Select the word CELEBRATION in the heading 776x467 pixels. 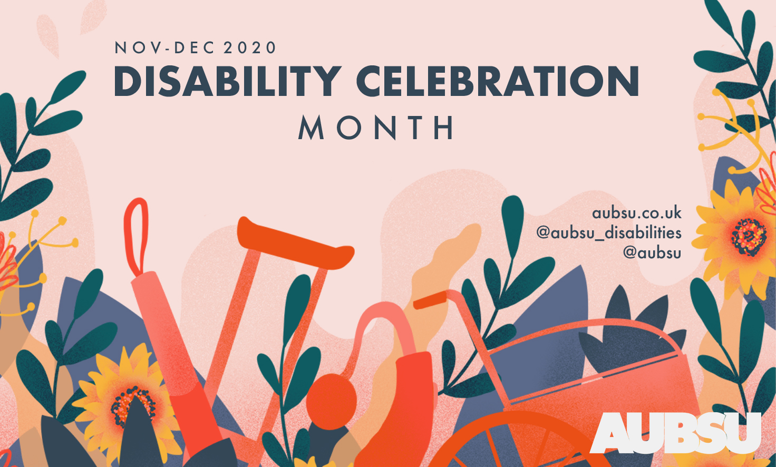coord(498,81)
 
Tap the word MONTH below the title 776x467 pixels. coord(376,128)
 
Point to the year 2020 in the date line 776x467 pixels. coord(249,47)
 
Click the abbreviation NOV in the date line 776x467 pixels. coord(137,47)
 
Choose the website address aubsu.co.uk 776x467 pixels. coord(637,213)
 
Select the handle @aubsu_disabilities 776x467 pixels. coord(609,233)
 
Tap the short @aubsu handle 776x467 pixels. coord(652,252)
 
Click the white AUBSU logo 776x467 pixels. coord(675,433)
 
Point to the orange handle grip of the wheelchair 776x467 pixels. coord(430,300)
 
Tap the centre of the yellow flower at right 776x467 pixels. coord(749,237)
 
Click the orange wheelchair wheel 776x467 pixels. coord(520,442)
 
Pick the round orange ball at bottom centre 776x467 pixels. coord(331,402)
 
